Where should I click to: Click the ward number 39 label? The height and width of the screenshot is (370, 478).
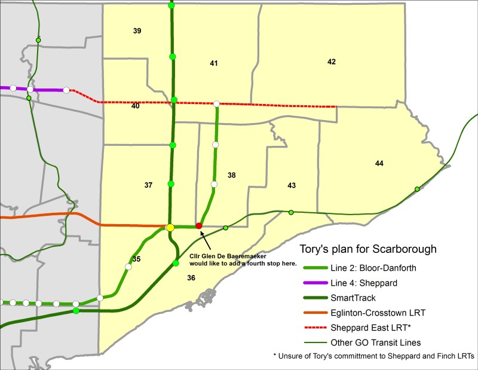[137, 30]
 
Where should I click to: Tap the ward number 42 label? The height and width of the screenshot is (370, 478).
[332, 62]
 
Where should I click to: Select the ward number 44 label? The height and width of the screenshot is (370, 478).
[379, 163]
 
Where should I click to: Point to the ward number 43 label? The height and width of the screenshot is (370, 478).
[292, 186]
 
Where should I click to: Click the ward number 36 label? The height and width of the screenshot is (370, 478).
[191, 277]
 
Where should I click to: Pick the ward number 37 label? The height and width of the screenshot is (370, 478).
[148, 185]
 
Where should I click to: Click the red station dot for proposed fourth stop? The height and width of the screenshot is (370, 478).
[199, 226]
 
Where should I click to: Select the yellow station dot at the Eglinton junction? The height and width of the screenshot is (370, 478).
[170, 228]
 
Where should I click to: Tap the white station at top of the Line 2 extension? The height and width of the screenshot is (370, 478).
[216, 104]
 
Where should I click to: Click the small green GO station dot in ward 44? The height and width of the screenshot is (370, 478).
[417, 189]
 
